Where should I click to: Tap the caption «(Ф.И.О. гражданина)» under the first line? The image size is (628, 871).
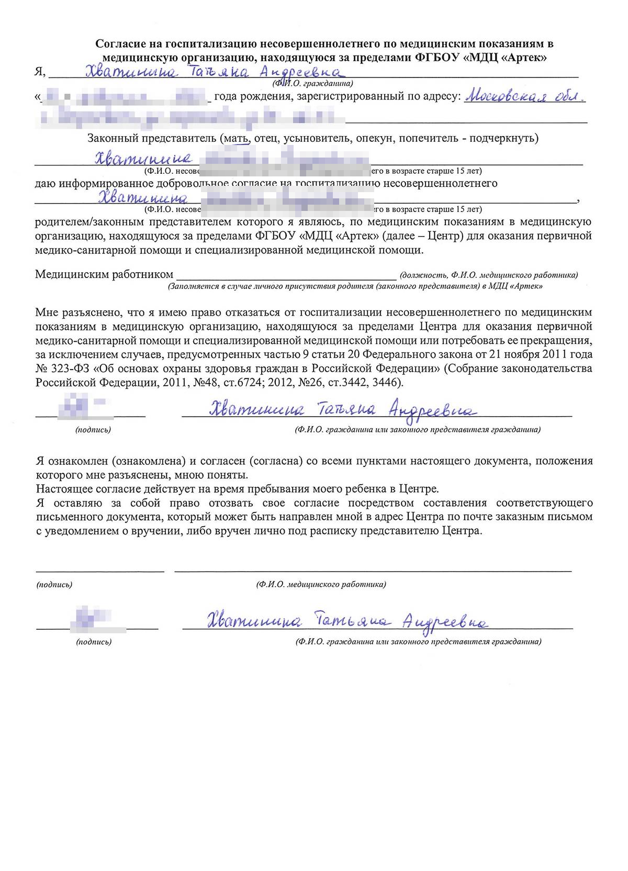click(312, 83)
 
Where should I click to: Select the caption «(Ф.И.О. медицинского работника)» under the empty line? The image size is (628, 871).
click(321, 584)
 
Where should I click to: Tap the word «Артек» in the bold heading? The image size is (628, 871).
click(524, 58)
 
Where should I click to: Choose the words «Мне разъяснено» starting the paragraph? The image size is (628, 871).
click(74, 312)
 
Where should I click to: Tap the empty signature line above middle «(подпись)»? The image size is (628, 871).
click(100, 570)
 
